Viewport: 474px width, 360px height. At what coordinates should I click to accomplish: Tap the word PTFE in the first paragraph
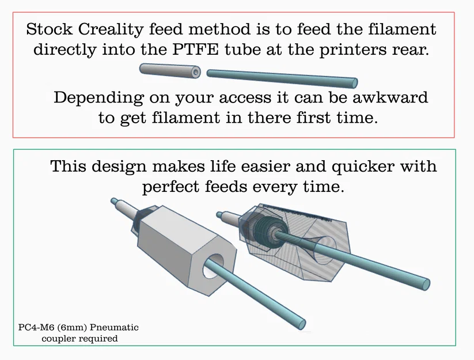(x=195, y=50)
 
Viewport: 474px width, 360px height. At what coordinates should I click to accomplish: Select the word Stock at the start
(x=50, y=29)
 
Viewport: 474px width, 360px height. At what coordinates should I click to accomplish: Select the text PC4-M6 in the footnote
(x=36, y=327)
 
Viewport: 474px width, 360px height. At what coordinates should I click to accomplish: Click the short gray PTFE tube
(x=170, y=71)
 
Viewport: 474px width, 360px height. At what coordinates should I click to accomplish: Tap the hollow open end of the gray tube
(x=196, y=72)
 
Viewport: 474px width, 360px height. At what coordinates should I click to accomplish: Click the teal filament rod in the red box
(x=282, y=78)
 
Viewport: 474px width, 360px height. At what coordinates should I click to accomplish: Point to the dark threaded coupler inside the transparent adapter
(x=266, y=228)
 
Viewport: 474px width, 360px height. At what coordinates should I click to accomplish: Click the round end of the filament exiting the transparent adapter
(x=426, y=284)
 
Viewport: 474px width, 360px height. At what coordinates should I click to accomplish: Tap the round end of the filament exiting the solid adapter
(x=301, y=324)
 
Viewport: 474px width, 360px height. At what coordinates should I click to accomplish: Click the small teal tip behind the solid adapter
(x=114, y=201)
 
